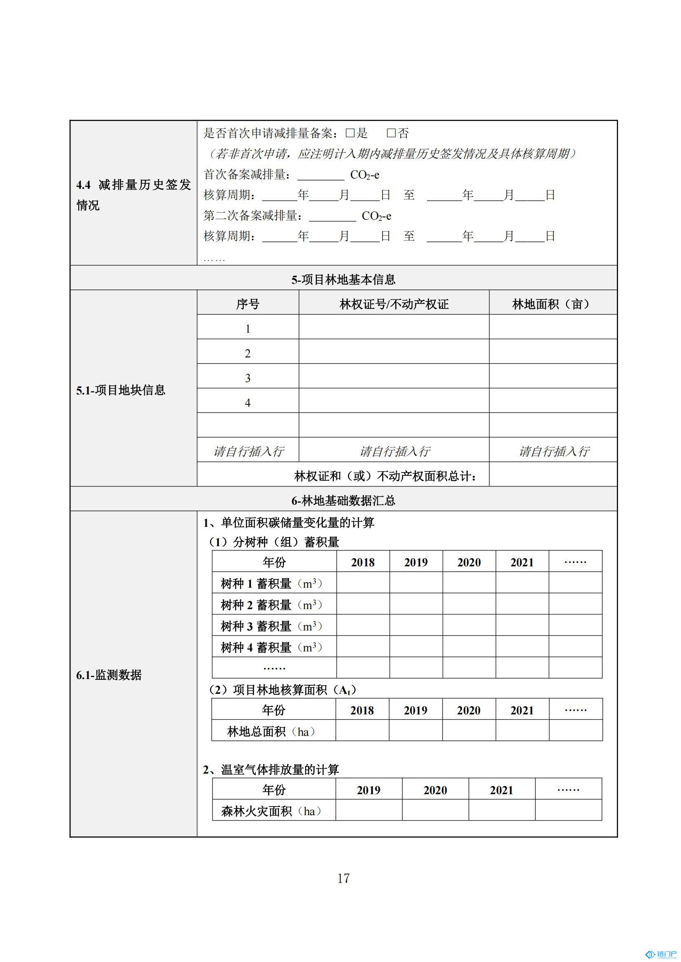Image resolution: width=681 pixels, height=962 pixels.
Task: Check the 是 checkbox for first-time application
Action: pos(350,133)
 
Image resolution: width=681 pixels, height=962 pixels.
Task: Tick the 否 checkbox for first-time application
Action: pos(391,133)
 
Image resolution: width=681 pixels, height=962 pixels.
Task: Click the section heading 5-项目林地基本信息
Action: pos(343,279)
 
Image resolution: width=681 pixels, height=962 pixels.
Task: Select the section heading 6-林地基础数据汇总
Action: pos(343,500)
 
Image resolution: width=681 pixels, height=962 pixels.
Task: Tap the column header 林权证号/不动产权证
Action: pos(394,304)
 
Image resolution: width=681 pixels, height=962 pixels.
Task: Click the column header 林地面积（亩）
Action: pos(552,304)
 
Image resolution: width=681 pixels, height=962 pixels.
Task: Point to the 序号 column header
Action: pos(247,304)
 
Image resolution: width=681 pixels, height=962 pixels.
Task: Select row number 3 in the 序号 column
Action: pos(247,378)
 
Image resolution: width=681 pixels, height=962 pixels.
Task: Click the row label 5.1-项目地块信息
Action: pos(121,390)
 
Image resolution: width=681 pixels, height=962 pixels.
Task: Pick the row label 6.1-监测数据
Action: pos(109,675)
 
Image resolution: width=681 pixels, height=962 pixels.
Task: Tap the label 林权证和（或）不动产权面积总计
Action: pos(385,476)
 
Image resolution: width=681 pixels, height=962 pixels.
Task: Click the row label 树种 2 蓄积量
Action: pos(271,605)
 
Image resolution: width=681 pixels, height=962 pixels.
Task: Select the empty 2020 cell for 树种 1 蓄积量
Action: pos(469,583)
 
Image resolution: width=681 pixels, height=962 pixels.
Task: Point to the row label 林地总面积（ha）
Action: pos(271,732)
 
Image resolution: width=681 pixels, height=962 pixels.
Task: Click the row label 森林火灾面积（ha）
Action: pos(271,811)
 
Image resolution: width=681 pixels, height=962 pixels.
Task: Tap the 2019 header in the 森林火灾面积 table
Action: pos(368,790)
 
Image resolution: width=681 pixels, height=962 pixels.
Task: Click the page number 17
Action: pos(343,878)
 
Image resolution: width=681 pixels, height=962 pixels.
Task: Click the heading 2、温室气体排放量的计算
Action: pos(271,770)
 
